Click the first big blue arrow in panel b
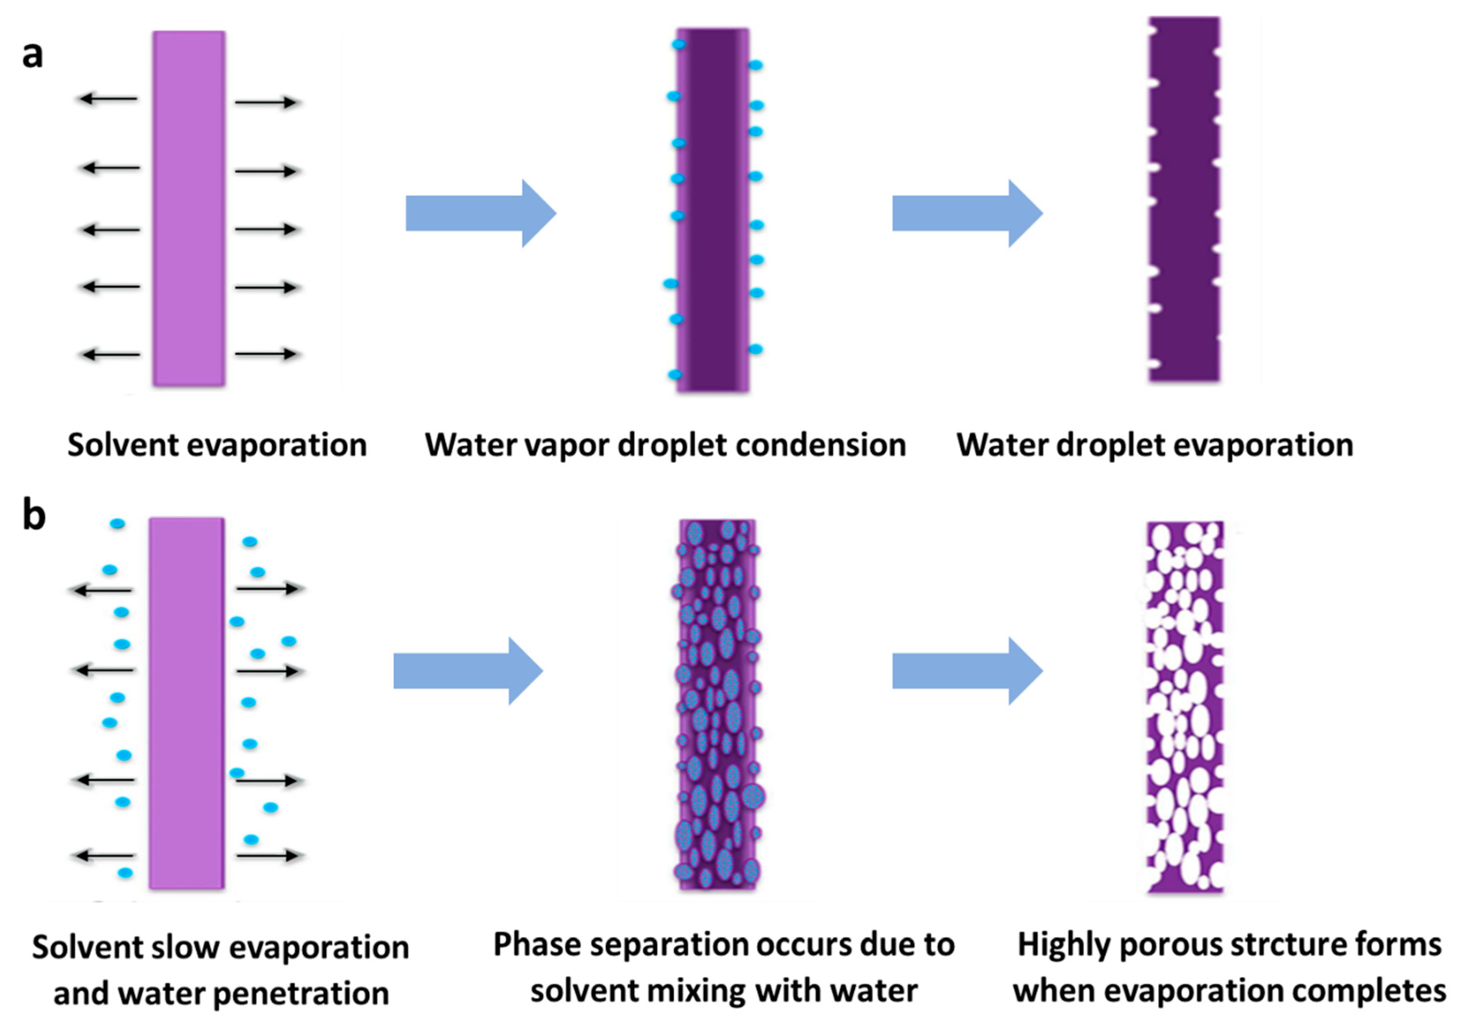click(468, 671)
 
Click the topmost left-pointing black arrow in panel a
click(108, 99)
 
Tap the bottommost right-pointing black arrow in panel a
click(266, 354)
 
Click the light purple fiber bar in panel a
click(189, 209)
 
